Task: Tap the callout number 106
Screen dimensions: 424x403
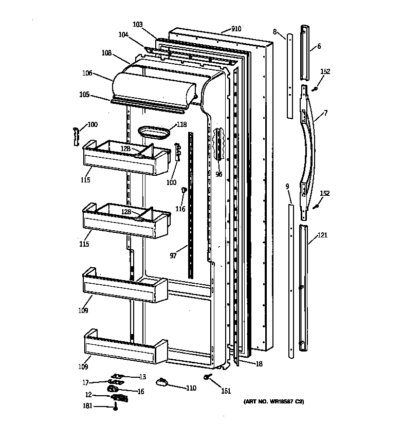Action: click(x=87, y=73)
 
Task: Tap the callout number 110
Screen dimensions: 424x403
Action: click(x=191, y=388)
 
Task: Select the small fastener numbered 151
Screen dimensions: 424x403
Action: click(x=208, y=378)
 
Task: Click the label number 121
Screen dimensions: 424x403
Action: click(x=322, y=235)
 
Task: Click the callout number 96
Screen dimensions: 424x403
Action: click(x=219, y=174)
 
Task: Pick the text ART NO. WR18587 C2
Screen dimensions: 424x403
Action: click(x=273, y=401)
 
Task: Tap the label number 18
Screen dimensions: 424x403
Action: click(x=259, y=363)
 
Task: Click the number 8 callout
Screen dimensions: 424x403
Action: click(x=275, y=31)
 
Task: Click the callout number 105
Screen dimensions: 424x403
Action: click(x=84, y=95)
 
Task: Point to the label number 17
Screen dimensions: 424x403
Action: click(x=86, y=382)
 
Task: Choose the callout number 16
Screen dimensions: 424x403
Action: click(x=140, y=392)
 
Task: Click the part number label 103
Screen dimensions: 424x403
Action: click(x=138, y=24)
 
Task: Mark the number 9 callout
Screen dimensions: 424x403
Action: click(x=287, y=187)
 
